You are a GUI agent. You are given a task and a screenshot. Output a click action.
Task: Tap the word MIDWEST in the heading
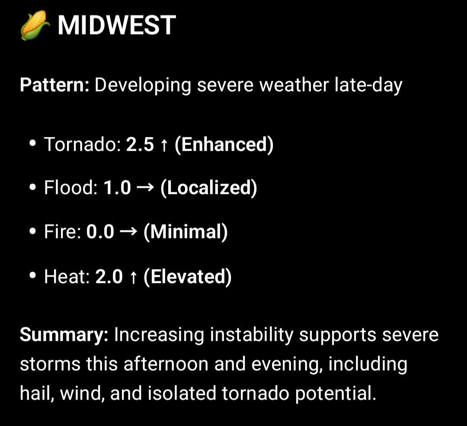tap(117, 25)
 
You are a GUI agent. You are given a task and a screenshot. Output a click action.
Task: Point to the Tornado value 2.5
tap(140, 145)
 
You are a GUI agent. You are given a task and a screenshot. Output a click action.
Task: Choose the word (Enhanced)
tap(224, 145)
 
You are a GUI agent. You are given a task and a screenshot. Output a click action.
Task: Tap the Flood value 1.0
tap(117, 188)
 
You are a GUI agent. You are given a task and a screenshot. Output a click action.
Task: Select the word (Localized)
tap(208, 188)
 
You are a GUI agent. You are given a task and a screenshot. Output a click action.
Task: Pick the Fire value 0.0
tap(100, 232)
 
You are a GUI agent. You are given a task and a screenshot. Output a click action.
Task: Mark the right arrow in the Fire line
tap(129, 232)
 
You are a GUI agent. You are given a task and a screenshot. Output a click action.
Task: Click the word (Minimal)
tap(186, 232)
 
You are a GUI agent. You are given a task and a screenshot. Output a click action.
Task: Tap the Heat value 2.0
tap(109, 277)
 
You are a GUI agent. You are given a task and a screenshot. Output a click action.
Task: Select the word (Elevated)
tap(188, 277)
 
